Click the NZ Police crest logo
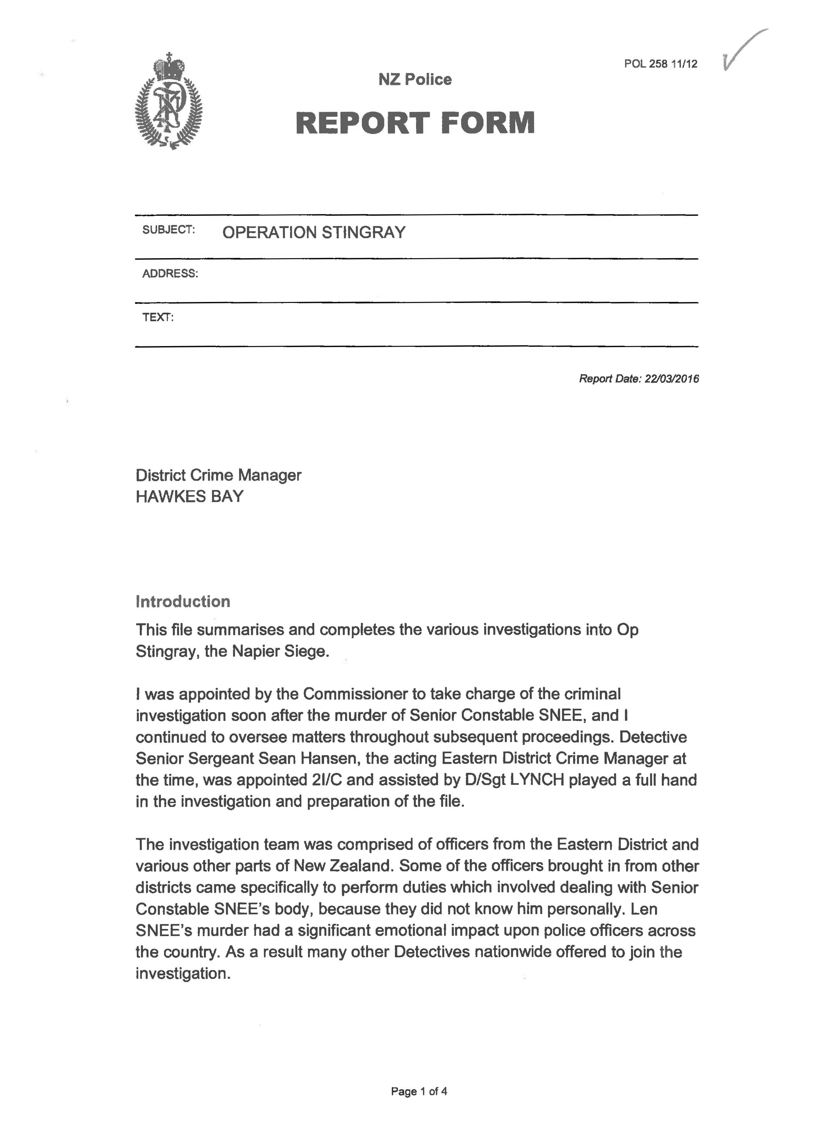[169, 102]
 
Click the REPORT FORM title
[415, 123]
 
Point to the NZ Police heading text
[415, 79]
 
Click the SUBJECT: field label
[168, 230]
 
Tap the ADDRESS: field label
[170, 274]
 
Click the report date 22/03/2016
[672, 379]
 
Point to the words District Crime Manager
[218, 475]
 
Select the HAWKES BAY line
[190, 497]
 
